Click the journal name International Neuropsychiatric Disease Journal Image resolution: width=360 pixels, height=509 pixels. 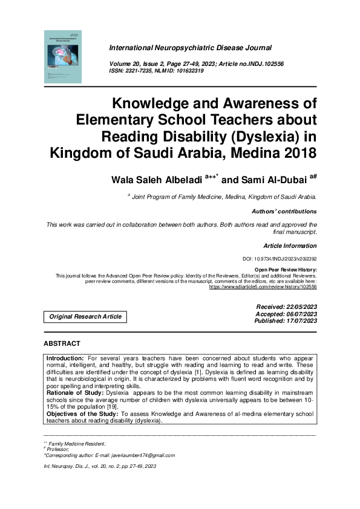190,47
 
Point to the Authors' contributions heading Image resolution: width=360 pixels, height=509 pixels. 284,212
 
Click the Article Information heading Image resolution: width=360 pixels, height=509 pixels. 290,246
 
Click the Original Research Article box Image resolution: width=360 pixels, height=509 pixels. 85,316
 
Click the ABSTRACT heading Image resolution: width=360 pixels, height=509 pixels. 62,343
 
